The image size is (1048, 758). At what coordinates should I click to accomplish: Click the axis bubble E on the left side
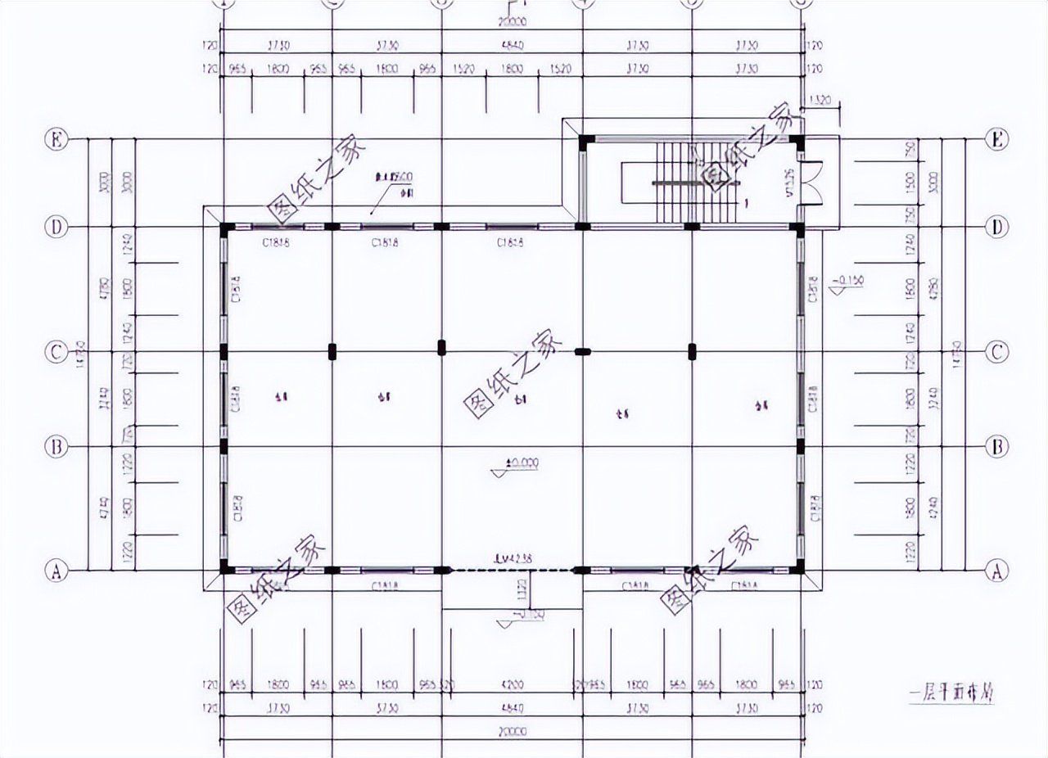[55, 140]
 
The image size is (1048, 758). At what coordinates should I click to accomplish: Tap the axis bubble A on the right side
[996, 571]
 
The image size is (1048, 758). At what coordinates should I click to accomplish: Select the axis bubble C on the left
[55, 352]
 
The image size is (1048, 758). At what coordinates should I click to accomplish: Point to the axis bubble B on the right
[996, 447]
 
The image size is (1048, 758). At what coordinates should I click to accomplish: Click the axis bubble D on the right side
[996, 227]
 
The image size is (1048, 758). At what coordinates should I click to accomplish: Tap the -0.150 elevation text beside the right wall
[850, 281]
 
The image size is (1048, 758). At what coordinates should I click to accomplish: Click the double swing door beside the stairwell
[812, 183]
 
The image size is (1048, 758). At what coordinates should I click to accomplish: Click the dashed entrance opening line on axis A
[512, 570]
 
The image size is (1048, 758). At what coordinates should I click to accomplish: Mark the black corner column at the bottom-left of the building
[225, 569]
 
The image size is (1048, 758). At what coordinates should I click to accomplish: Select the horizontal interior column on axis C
[582, 352]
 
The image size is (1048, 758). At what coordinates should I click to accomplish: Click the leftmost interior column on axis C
[332, 352]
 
